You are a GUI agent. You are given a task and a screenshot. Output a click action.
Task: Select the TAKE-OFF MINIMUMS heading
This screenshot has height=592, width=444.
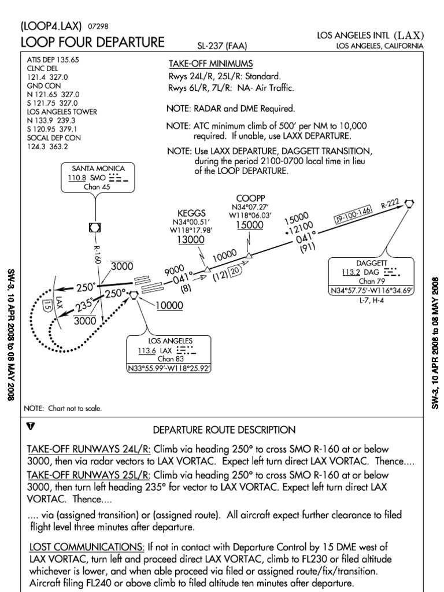pos(210,64)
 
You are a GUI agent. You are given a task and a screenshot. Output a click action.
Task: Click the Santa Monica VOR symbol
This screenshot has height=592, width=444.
pos(94,228)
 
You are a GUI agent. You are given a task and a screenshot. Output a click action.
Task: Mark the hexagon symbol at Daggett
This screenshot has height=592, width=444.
pos(410,203)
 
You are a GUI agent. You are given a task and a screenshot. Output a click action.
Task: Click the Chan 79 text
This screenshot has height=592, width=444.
pos(371,281)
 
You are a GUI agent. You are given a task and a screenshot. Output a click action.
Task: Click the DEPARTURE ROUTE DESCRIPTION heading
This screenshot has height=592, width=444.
pos(224,430)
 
